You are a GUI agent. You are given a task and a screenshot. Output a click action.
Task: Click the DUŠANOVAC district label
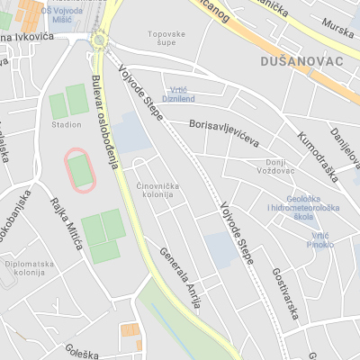(x=296, y=61)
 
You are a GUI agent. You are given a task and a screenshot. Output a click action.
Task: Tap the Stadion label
(x=66, y=124)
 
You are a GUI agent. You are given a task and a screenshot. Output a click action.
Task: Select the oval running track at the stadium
(x=80, y=168)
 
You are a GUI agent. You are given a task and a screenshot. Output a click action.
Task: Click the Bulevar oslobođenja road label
(x=105, y=122)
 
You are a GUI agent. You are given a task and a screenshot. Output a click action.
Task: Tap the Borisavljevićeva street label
(x=224, y=136)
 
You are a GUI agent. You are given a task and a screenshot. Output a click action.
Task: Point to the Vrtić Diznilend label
(x=178, y=94)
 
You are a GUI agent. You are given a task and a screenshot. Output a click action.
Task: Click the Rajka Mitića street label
(x=67, y=222)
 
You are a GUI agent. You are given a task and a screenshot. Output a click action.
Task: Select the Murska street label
(x=337, y=29)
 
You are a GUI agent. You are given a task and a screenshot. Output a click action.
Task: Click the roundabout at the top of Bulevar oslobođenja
(x=99, y=40)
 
